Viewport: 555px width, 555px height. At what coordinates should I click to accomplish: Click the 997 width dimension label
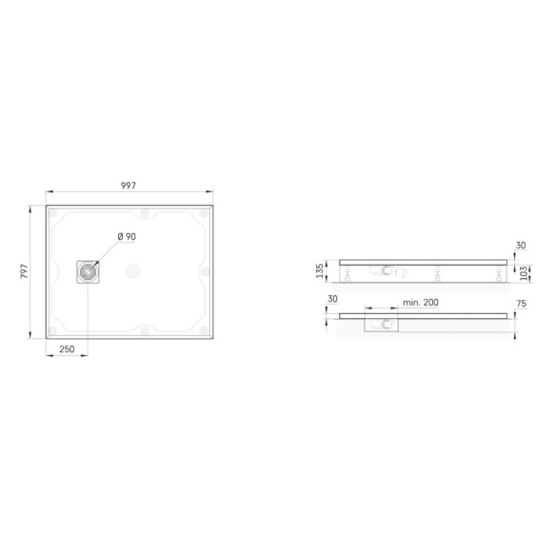click(x=129, y=186)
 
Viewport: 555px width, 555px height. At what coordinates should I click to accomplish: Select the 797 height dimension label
click(x=24, y=271)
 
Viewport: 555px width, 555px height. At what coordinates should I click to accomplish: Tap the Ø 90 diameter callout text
click(x=127, y=236)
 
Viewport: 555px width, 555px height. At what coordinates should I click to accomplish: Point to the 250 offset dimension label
click(x=67, y=349)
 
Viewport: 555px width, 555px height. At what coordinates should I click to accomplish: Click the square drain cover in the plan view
click(x=88, y=272)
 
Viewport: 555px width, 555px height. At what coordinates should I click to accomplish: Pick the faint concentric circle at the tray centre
click(x=133, y=271)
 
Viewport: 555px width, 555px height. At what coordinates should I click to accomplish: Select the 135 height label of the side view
click(x=320, y=270)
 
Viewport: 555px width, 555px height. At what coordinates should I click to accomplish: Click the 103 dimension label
click(x=524, y=273)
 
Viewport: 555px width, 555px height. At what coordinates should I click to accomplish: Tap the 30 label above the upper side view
click(x=521, y=245)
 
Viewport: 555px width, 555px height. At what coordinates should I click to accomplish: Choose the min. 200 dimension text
click(x=421, y=303)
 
